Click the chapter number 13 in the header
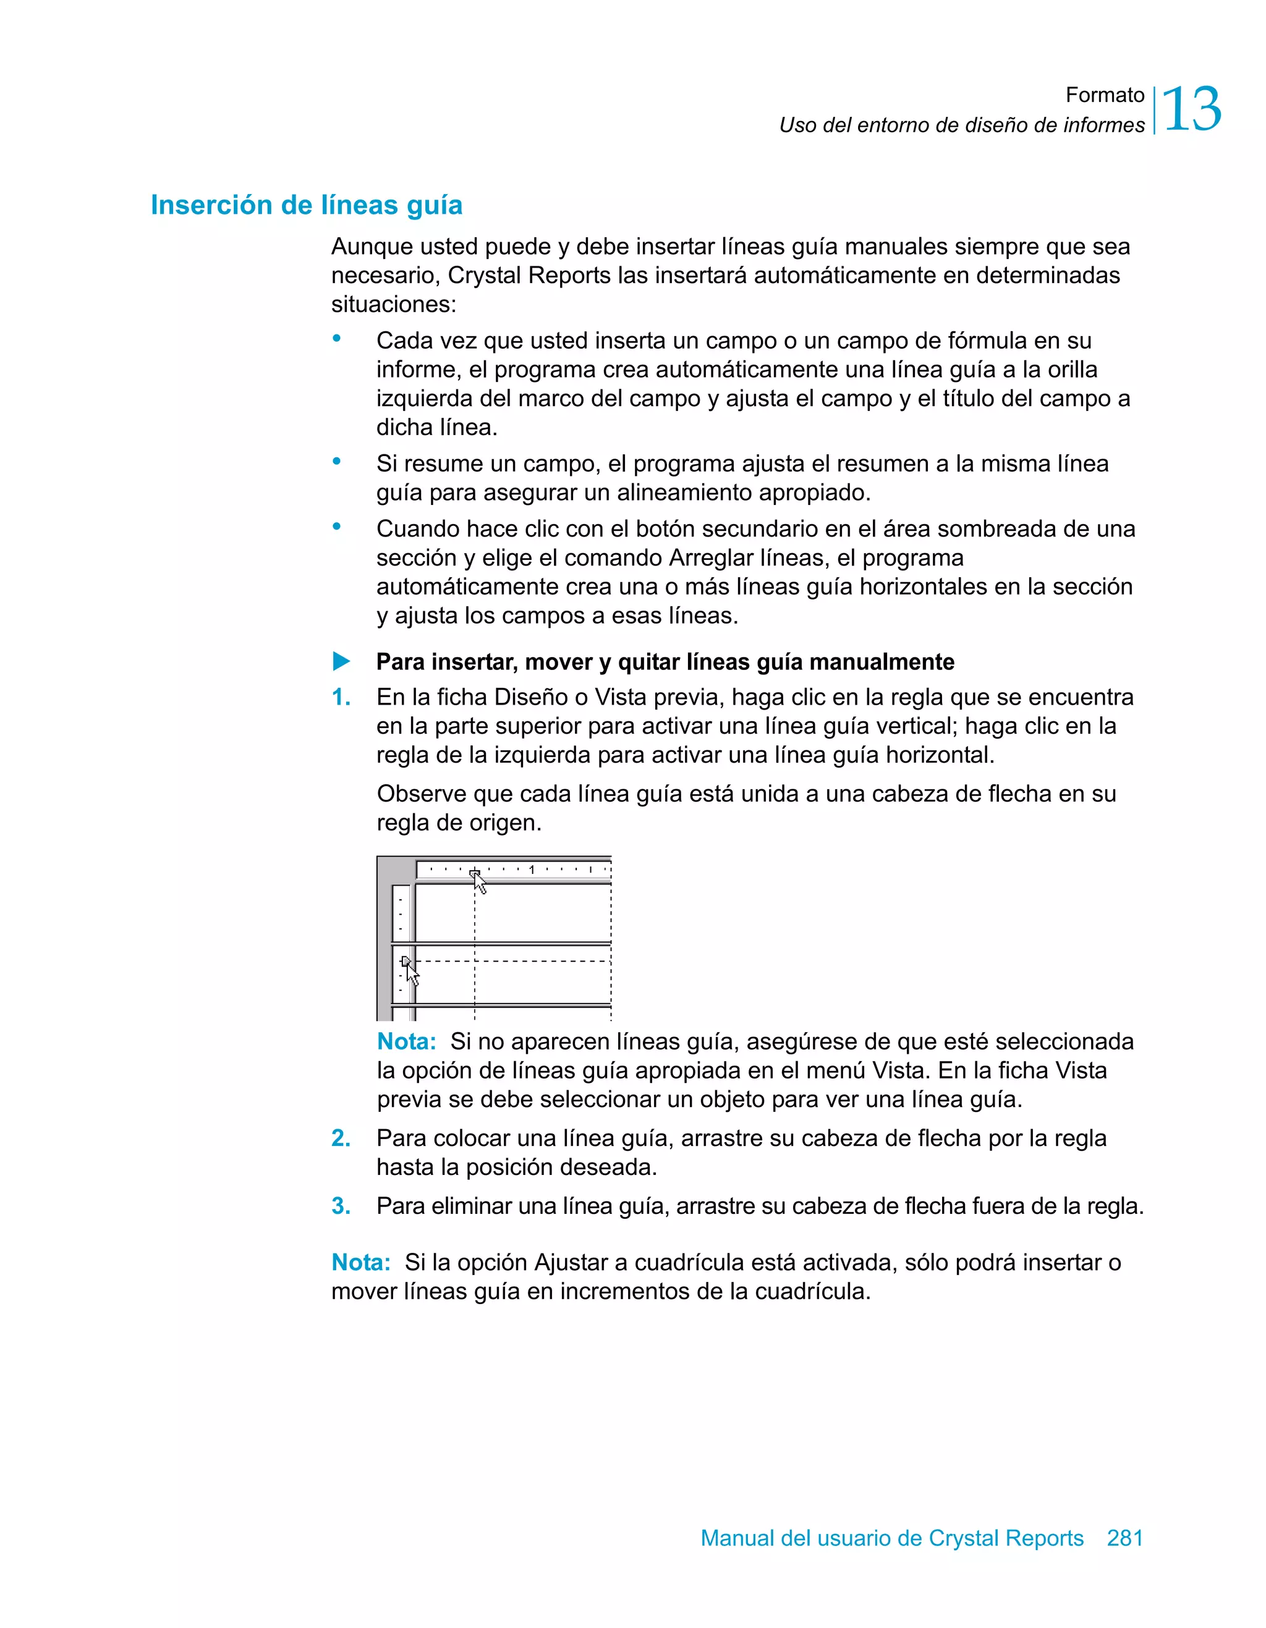pyautogui.click(x=1191, y=109)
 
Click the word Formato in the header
pyautogui.click(x=1104, y=95)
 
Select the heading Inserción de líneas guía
pyautogui.click(x=307, y=205)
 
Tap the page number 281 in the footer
pyautogui.click(x=1124, y=1538)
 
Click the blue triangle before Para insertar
pyautogui.click(x=341, y=661)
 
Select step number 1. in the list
pyautogui.click(x=341, y=698)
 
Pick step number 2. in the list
pyautogui.click(x=341, y=1138)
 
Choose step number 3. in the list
pyautogui.click(x=341, y=1206)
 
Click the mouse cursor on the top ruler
pyautogui.click(x=480, y=883)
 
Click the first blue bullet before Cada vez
pyautogui.click(x=337, y=339)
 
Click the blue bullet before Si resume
pyautogui.click(x=337, y=462)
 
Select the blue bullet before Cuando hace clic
pyautogui.click(x=337, y=527)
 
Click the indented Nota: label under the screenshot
pyautogui.click(x=406, y=1041)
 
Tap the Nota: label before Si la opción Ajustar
pyautogui.click(x=361, y=1263)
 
